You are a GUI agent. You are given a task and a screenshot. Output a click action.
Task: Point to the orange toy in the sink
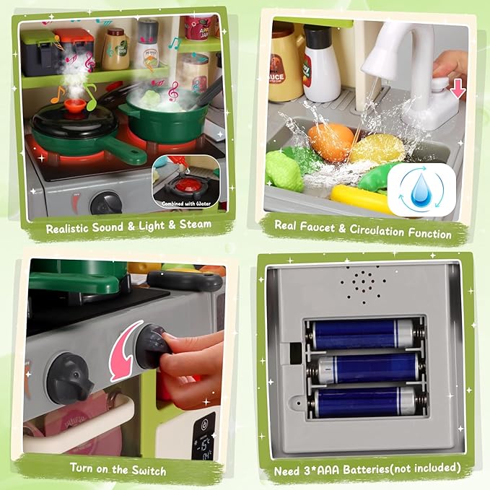(331, 139)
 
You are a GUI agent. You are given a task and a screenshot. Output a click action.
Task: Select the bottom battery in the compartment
(365, 401)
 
